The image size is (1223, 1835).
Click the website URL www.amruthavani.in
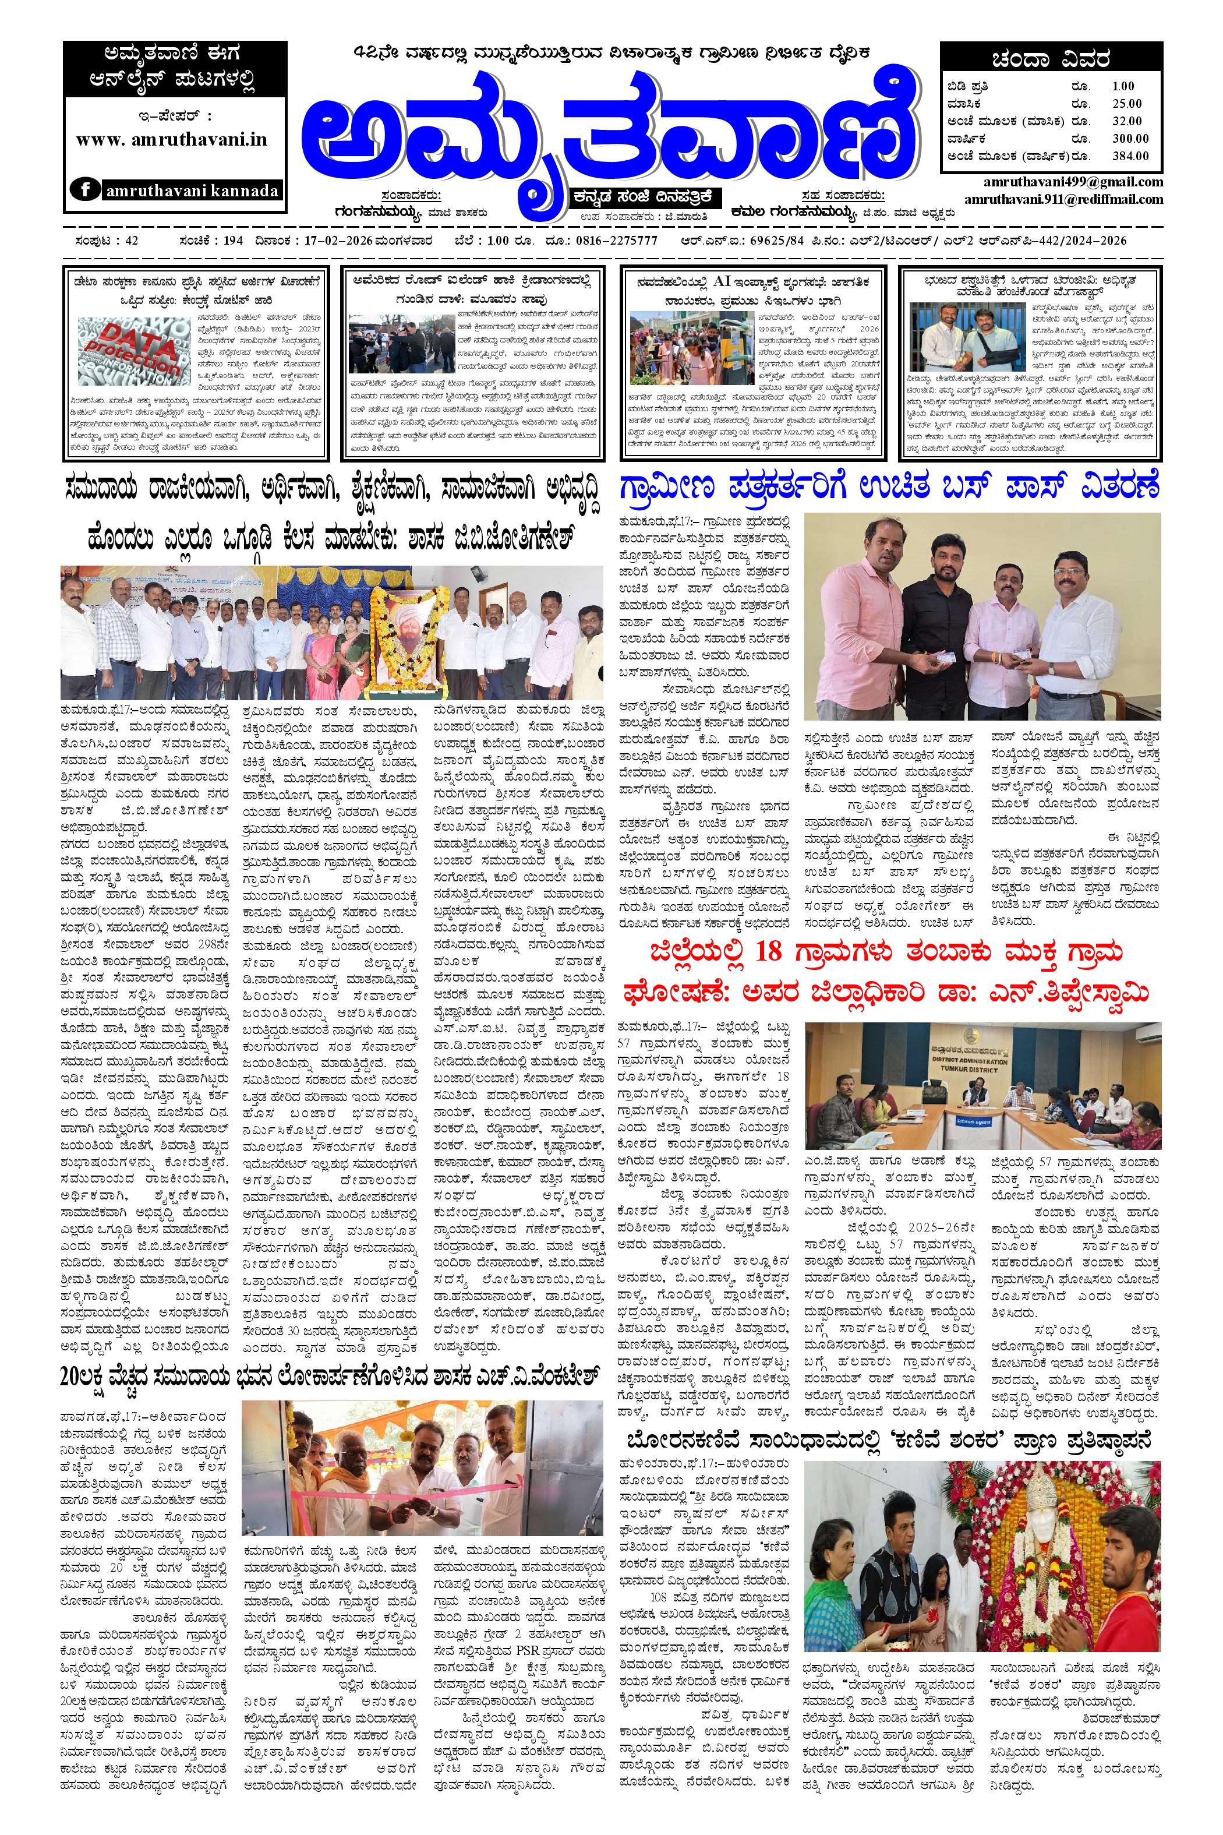[x=172, y=140]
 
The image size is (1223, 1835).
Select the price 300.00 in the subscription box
[x=1130, y=138]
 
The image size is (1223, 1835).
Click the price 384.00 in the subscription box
[x=1130, y=156]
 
